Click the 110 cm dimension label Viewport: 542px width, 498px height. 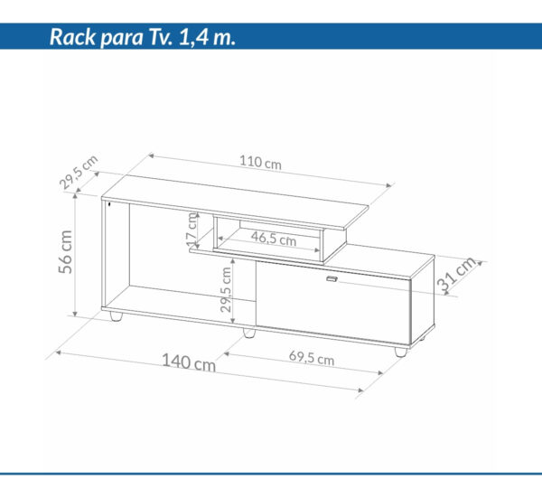pyautogui.click(x=261, y=164)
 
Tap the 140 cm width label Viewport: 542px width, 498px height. pyautogui.click(x=188, y=363)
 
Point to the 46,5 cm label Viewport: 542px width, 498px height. pyautogui.click(x=273, y=240)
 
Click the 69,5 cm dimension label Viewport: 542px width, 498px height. pyautogui.click(x=313, y=358)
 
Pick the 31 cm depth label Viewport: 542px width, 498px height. pyautogui.click(x=456, y=275)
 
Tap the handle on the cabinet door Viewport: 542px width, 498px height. pyautogui.click(x=332, y=282)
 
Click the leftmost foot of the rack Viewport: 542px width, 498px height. pyautogui.click(x=116, y=317)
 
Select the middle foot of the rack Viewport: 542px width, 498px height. pyautogui.click(x=248, y=334)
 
